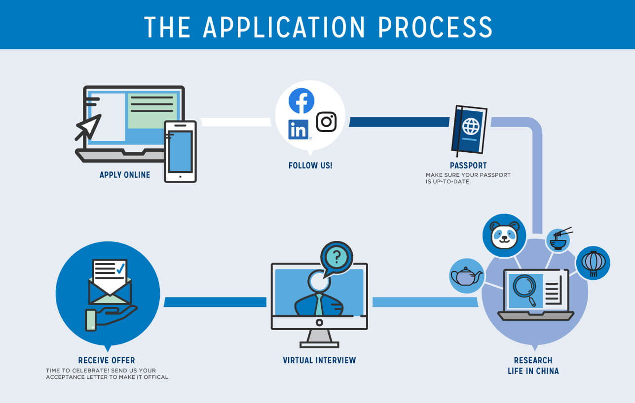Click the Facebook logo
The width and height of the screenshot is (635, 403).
pos(301,101)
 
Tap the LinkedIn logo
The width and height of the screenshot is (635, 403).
pos(299,130)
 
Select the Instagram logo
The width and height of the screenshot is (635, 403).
pos(326,122)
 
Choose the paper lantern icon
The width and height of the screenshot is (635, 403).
pos(593,263)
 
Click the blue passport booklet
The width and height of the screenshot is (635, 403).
pos(469,130)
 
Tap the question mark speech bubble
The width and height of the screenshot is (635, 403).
pos(336,256)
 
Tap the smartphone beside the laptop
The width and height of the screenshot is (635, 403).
pos(180,151)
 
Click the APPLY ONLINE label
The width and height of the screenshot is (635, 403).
pos(125,175)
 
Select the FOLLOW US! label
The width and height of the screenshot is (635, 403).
pos(310,166)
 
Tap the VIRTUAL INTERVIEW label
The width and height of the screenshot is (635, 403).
pos(319,360)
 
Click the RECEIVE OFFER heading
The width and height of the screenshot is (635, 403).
pos(107,360)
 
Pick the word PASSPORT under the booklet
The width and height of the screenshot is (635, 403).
pos(468,166)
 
